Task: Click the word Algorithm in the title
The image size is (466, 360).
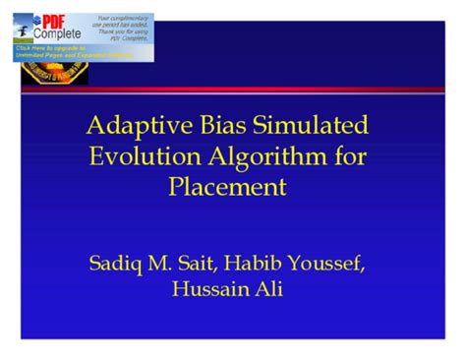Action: (x=266, y=156)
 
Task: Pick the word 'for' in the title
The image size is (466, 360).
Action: (x=349, y=156)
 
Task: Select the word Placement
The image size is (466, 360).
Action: (x=233, y=186)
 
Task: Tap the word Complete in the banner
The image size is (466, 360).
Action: (x=59, y=33)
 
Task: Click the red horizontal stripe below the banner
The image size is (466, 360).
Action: (x=295, y=90)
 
